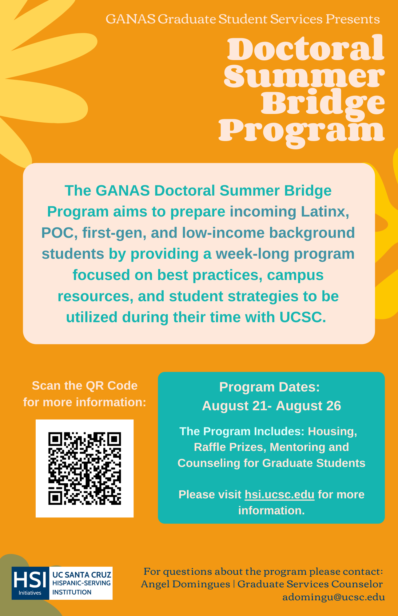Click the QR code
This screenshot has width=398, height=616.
[85, 468]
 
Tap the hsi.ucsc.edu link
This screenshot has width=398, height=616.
[280, 494]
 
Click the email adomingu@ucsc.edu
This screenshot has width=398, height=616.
[334, 597]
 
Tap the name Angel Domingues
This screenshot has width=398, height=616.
[185, 584]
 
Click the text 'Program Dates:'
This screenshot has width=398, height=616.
[270, 387]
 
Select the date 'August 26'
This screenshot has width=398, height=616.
[308, 406]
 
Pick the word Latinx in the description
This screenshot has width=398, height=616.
[325, 212]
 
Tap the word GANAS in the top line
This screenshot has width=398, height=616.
[130, 19]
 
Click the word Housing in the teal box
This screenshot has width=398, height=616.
[332, 432]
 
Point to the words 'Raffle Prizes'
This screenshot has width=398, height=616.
[230, 447]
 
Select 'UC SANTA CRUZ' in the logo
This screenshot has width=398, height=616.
[82, 575]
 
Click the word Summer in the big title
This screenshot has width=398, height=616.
[304, 76]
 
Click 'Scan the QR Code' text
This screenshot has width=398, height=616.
[85, 386]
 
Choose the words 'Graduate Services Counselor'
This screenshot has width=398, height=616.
[310, 584]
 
